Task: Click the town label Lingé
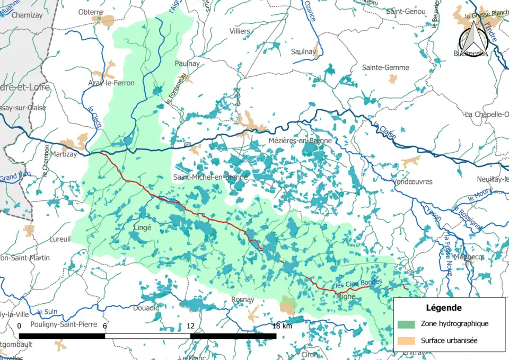pos(141,226)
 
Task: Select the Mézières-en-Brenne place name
pos(300,141)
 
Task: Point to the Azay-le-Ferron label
pos(111,83)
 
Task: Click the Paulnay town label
pos(187,63)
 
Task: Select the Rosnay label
pos(243,300)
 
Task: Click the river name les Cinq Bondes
pos(358,284)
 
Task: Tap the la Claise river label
pos(384,131)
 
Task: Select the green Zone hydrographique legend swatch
pos(406,323)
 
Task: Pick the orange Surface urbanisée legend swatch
pos(406,340)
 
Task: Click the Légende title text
pos(443,308)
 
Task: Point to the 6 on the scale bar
pos(104,326)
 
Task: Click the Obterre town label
pos(91,12)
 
